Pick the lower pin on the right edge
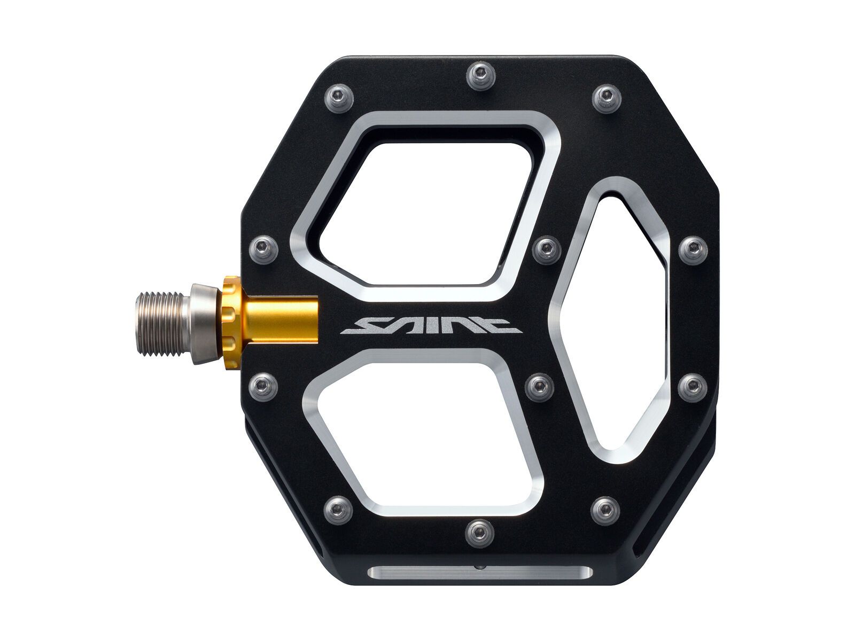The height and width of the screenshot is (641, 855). click(x=693, y=384)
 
